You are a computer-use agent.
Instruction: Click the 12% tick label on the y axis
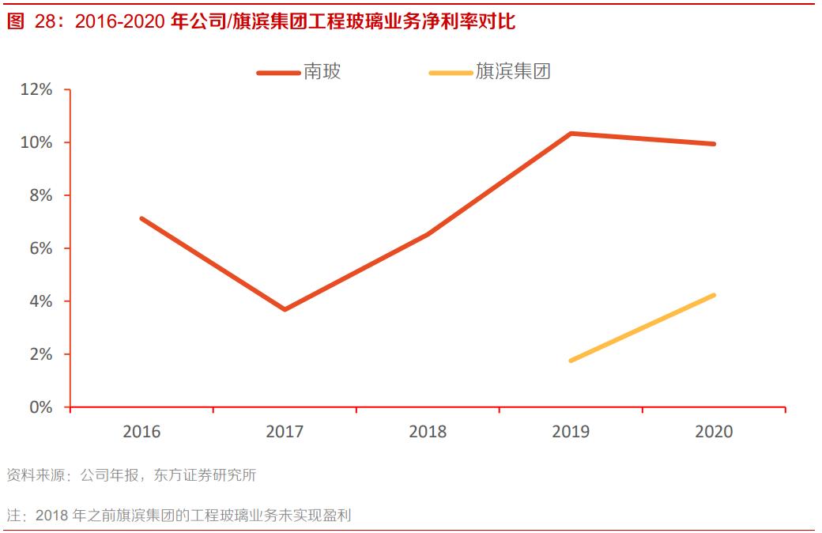coord(37,89)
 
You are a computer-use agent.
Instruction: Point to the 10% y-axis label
coord(37,142)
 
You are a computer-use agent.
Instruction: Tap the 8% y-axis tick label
coord(41,195)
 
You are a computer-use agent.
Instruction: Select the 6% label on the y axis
coord(41,248)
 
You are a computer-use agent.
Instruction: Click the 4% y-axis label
coord(41,301)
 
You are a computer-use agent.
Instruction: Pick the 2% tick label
coord(41,354)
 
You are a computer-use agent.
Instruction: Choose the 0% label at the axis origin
coord(41,407)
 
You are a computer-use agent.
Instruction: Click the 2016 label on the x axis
coord(141,432)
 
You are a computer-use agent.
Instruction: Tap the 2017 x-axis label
coord(285,432)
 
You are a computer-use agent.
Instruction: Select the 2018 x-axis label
coord(428,432)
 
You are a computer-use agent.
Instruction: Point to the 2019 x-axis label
coord(571,432)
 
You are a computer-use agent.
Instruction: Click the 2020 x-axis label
coord(714,432)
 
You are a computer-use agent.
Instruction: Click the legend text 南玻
coord(322,72)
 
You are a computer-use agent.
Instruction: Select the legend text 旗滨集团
coord(513,72)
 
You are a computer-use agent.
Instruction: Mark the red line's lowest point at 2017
coord(285,309)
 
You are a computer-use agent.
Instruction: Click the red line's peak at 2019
coord(571,134)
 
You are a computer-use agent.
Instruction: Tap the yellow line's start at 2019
coord(571,361)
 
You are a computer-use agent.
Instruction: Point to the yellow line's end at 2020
coord(714,295)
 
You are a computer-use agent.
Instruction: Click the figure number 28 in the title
coord(45,22)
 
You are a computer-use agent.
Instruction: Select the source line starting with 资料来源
coord(131,475)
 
